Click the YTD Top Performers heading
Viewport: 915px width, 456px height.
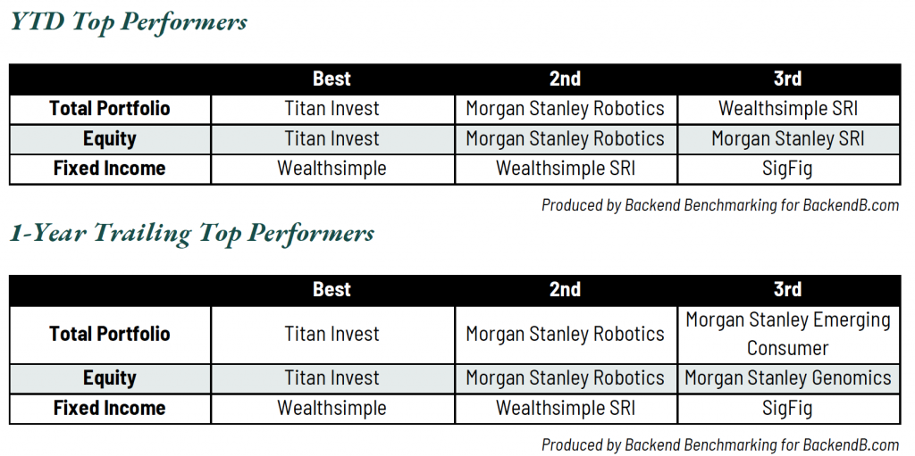129,22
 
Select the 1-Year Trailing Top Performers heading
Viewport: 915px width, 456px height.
191,233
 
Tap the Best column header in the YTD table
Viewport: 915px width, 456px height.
332,79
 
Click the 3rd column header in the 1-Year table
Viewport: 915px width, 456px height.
787,289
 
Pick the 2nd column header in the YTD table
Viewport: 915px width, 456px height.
565,79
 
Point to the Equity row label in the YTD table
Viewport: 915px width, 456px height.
110,139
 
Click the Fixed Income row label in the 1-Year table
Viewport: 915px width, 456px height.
110,408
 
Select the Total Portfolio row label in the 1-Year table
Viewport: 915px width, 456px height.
110,334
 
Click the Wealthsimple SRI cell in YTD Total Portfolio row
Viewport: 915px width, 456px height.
789,109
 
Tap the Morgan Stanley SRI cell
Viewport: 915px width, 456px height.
788,139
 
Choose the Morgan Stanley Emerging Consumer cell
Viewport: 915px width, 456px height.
788,334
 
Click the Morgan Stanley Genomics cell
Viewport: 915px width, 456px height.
788,377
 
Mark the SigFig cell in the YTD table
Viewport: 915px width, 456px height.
787,169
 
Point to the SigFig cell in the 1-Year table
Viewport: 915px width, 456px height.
787,408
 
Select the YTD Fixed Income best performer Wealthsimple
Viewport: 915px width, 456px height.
332,169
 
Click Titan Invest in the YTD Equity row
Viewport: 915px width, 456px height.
332,139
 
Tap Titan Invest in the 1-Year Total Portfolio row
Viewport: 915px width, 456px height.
332,334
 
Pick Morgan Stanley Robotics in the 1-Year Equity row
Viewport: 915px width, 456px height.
565,377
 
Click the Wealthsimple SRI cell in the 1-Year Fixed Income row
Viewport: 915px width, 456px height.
566,408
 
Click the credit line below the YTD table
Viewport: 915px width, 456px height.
721,205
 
